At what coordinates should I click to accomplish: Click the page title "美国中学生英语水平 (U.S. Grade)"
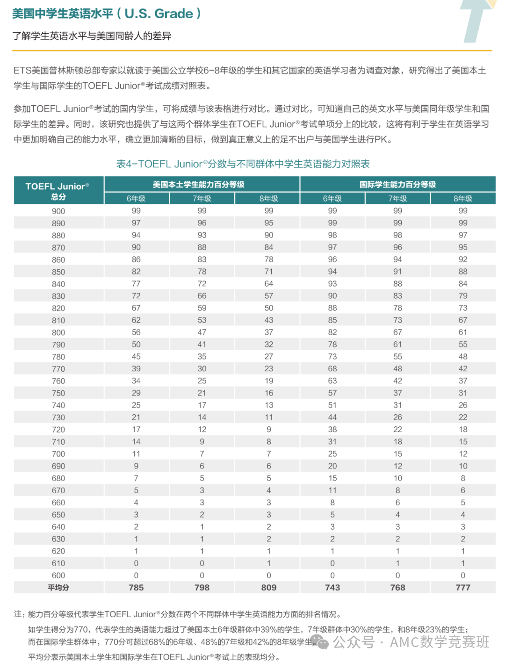click(107, 14)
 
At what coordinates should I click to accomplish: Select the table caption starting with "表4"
click(243, 164)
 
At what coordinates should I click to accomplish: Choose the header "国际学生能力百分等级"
click(397, 184)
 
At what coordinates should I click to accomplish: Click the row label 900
click(58, 211)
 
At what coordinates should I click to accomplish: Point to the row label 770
click(58, 369)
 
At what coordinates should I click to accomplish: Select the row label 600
click(58, 576)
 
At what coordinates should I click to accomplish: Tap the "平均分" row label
click(58, 588)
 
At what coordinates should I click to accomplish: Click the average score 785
click(136, 588)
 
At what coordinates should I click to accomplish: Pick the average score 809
click(269, 588)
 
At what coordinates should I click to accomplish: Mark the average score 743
click(332, 588)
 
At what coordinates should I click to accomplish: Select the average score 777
click(463, 588)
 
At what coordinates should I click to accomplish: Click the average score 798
click(202, 588)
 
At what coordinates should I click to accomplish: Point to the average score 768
click(397, 588)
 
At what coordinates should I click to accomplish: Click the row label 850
click(58, 272)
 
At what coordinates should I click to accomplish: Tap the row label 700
click(58, 454)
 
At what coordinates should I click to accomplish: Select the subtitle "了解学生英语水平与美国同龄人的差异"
click(92, 36)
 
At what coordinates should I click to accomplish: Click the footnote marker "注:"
click(20, 614)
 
